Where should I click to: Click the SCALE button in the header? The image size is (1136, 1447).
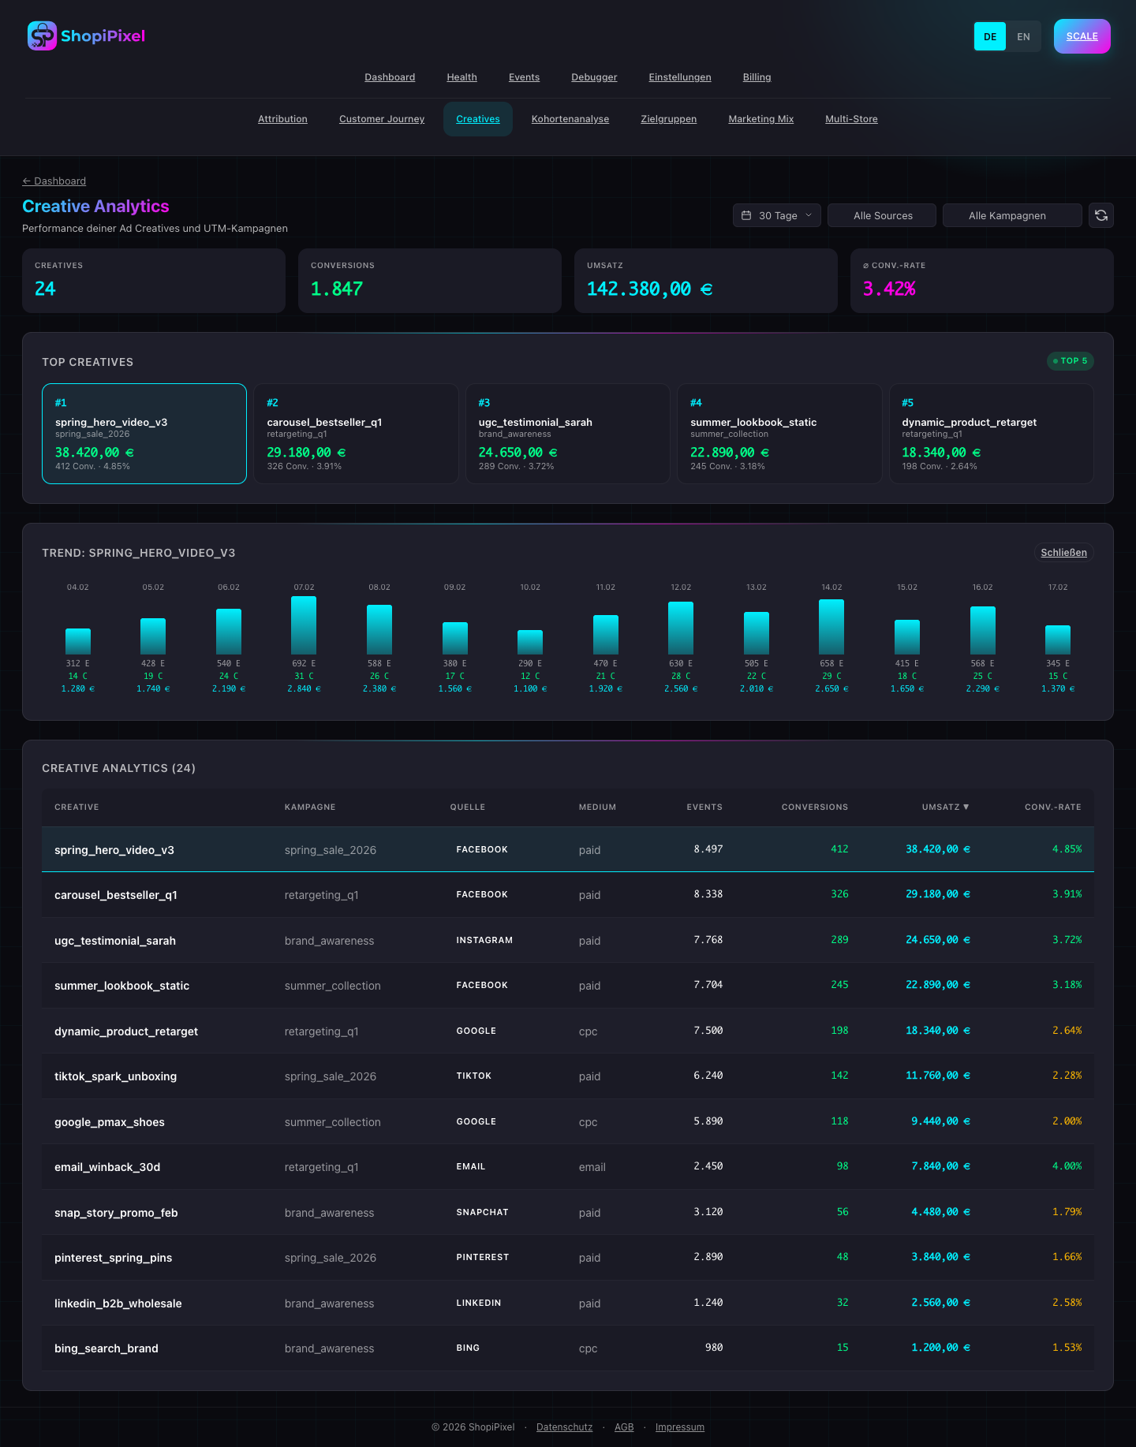1082,36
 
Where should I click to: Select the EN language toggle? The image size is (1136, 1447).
1023,37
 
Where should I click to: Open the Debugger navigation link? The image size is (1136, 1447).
594,77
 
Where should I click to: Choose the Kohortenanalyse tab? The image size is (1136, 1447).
570,119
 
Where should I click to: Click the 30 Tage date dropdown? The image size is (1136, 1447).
776,215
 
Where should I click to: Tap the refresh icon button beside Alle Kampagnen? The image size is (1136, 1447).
1100,215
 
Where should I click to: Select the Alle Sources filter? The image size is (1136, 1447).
882,215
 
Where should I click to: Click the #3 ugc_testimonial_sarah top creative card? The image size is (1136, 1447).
567,434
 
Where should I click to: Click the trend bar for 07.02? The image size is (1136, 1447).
304,625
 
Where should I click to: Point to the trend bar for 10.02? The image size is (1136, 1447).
530,642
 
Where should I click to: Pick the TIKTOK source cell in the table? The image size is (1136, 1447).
473,1076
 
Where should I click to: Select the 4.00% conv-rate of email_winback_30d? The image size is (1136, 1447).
1067,1166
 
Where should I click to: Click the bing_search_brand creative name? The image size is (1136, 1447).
106,1348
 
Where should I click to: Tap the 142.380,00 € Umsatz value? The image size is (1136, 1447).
649,289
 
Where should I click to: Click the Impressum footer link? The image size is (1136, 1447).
679,1427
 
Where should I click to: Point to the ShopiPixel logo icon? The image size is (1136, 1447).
42,36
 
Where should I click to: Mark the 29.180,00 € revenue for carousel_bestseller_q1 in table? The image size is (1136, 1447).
937,894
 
